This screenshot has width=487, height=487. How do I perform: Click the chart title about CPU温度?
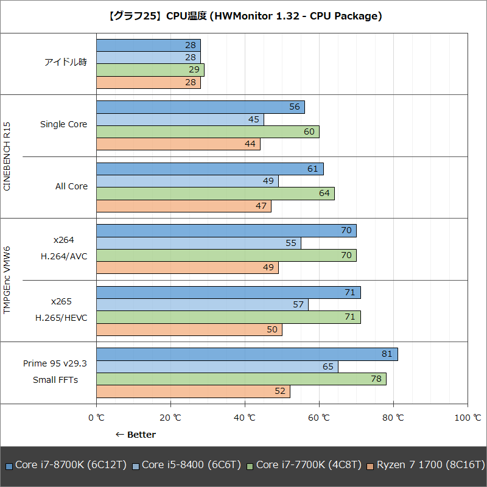(x=244, y=16)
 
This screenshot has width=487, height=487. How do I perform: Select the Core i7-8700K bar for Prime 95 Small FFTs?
(x=247, y=354)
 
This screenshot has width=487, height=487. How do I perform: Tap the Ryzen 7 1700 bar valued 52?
(x=193, y=391)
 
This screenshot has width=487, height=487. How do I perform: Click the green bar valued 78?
(x=241, y=379)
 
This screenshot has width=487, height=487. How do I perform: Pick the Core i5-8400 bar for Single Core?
(x=180, y=119)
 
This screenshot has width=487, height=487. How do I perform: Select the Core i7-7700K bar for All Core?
(x=215, y=194)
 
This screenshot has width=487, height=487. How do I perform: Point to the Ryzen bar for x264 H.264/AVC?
(x=187, y=268)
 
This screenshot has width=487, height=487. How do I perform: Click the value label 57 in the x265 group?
(x=298, y=304)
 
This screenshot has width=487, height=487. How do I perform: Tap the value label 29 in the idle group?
(x=194, y=70)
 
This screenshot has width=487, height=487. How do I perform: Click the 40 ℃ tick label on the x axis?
(x=245, y=418)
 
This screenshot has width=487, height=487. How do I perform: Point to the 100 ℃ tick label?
(x=468, y=418)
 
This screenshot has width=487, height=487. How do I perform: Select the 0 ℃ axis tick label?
(x=97, y=418)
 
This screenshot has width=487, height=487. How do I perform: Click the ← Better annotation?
(x=136, y=435)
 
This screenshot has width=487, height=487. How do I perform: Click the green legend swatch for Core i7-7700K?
(x=250, y=466)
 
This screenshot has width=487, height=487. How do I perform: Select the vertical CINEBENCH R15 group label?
(x=7, y=156)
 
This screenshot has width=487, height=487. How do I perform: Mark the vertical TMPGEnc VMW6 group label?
(x=7, y=280)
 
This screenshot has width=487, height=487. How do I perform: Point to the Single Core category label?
(x=64, y=124)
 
